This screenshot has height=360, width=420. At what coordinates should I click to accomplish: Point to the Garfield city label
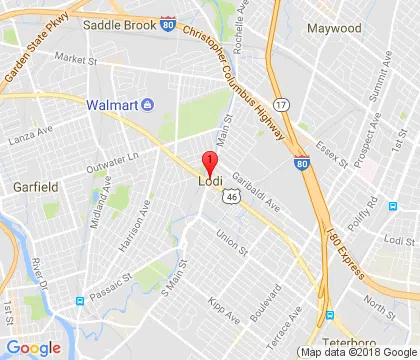coord(34,186)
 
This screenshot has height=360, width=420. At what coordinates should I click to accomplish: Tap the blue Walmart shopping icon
coord(147,103)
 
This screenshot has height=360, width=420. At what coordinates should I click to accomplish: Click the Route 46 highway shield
coord(230,198)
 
